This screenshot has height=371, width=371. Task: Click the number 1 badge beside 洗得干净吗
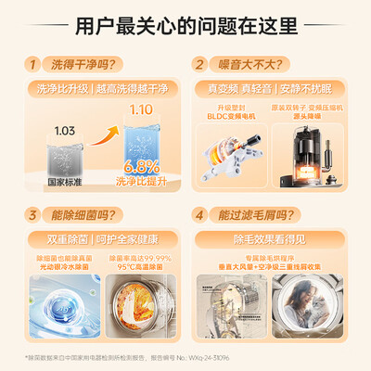tap(34, 65)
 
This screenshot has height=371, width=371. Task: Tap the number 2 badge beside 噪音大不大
tap(199, 65)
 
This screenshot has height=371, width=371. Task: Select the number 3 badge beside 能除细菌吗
tap(34, 214)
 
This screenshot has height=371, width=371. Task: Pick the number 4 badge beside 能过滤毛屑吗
tap(199, 214)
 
